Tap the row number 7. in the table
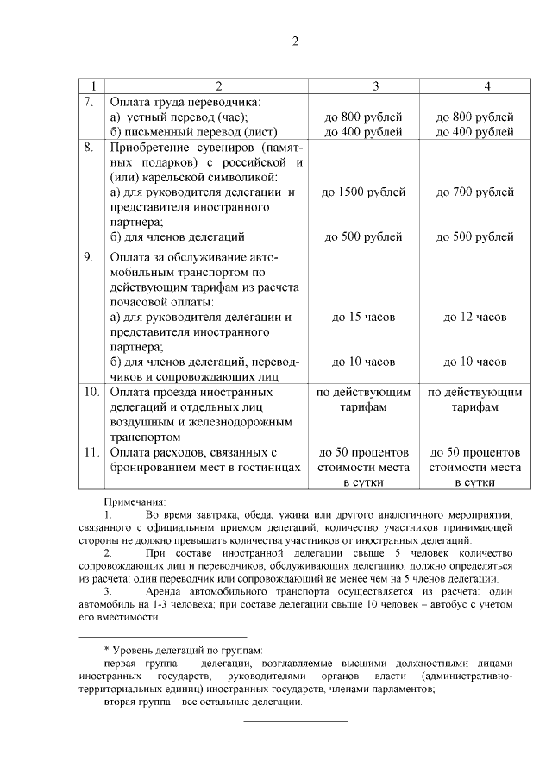click(89, 101)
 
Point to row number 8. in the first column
click(89, 148)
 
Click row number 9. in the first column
click(89, 257)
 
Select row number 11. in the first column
click(91, 451)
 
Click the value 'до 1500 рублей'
click(363, 192)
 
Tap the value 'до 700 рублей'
click(475, 192)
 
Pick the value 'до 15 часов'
click(363, 317)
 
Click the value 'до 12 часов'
click(475, 317)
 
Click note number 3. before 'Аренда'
click(108, 593)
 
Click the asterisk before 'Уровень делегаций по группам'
click(105, 648)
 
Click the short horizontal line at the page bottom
click(295, 721)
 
